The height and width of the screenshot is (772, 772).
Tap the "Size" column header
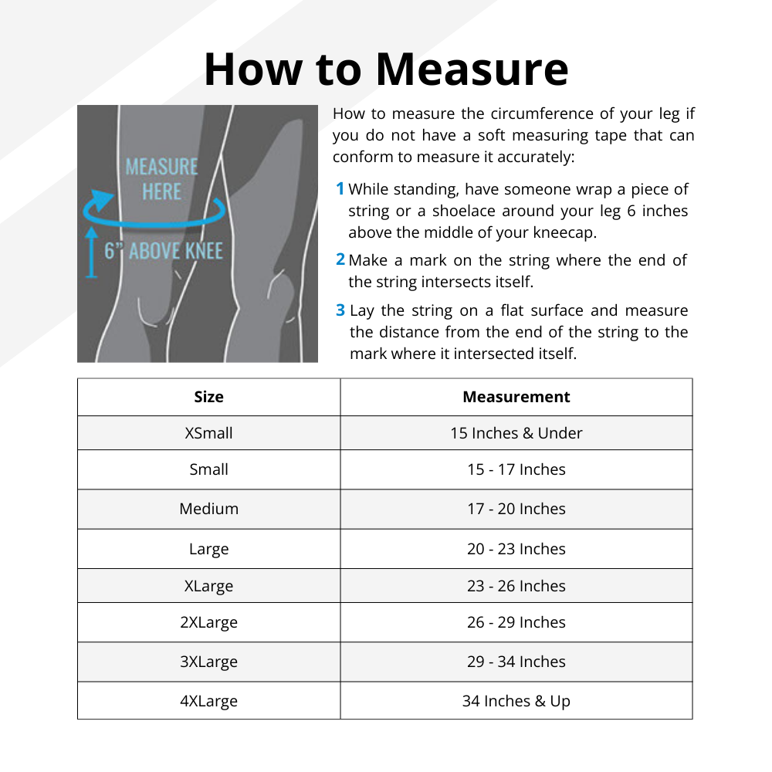[208, 397]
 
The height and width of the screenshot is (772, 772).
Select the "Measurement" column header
[516, 397]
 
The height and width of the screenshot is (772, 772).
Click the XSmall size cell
[208, 433]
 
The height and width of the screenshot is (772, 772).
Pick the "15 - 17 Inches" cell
[516, 469]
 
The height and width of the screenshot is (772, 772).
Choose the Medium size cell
[208, 509]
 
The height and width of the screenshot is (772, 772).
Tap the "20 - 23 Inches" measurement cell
[516, 549]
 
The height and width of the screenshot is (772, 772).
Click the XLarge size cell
[208, 586]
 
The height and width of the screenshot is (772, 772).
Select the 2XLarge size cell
[208, 622]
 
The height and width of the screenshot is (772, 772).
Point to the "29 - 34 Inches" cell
[516, 662]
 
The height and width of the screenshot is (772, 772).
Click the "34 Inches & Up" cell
[516, 701]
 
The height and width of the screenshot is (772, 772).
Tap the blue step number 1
[340, 188]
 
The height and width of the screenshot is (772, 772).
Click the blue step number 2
[340, 260]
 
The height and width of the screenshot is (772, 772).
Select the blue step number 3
[340, 310]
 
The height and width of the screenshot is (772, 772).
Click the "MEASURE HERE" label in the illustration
[161, 179]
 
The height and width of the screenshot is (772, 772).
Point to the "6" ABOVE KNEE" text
[164, 251]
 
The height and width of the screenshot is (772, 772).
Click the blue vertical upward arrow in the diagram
[92, 251]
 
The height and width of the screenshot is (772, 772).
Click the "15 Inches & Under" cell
[516, 433]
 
